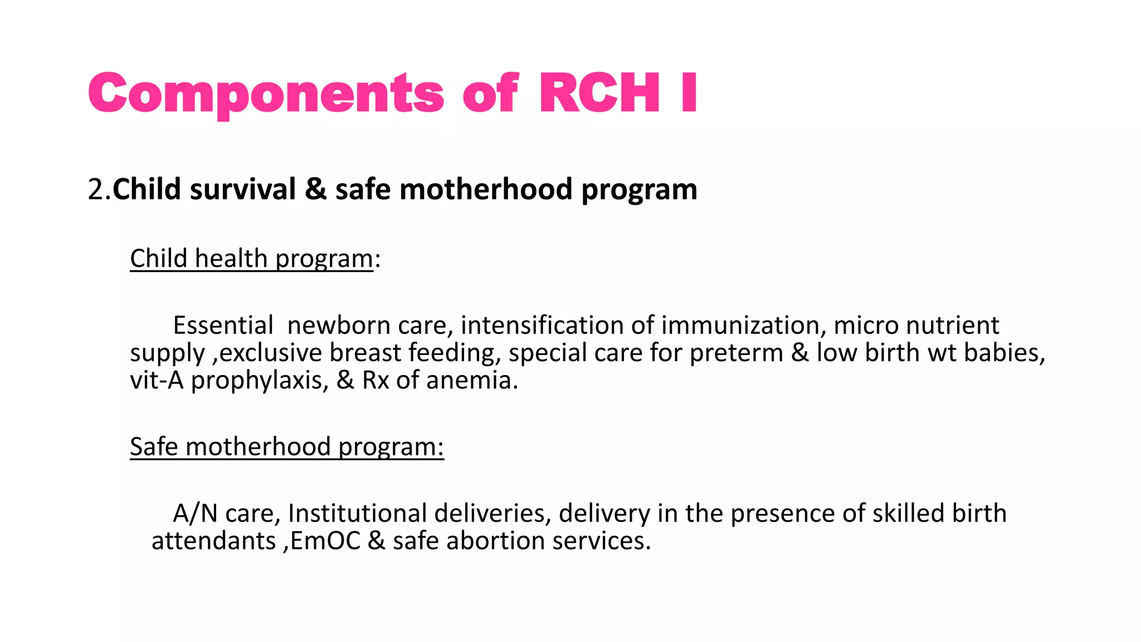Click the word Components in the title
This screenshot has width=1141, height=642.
click(x=266, y=94)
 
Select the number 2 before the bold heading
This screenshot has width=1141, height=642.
click(x=95, y=189)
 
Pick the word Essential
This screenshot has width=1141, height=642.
click(x=223, y=325)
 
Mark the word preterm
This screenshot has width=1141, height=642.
click(x=736, y=353)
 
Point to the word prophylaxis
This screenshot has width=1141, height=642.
click(x=260, y=381)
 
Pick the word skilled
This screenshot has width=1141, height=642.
click(x=908, y=513)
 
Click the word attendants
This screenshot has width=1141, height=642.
click(x=213, y=541)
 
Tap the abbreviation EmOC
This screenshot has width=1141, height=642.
click(x=325, y=541)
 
